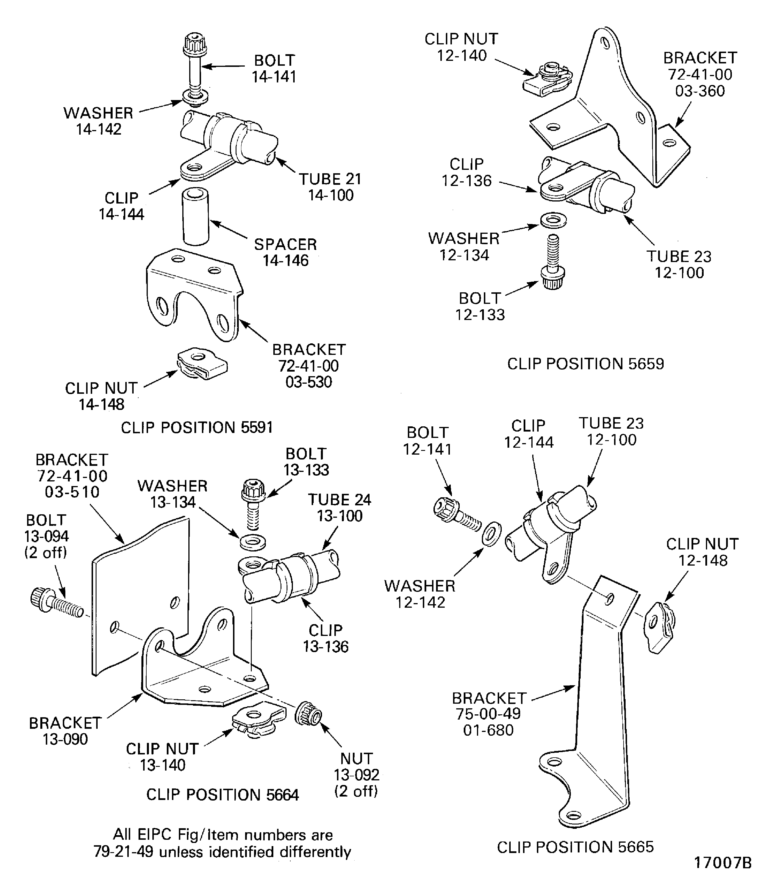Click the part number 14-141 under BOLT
(x=274, y=77)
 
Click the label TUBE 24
(x=339, y=500)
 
